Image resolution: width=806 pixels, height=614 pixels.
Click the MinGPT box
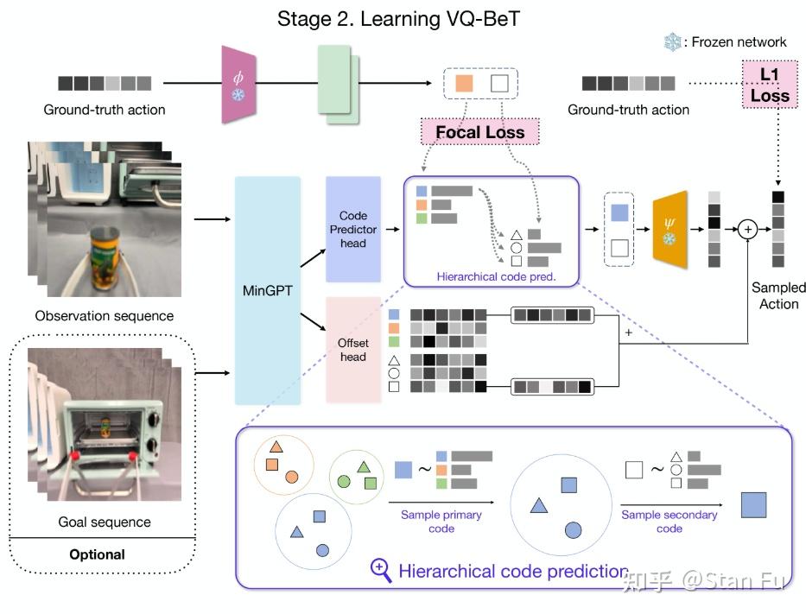(267, 290)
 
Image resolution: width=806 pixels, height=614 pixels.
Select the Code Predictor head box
(352, 229)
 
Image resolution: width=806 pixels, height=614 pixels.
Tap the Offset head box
(352, 350)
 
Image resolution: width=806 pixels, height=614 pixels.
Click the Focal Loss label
(479, 132)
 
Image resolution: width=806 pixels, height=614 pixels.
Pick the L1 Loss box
(769, 85)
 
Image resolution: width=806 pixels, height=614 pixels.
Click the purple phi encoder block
(238, 84)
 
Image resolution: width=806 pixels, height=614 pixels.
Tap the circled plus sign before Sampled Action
(747, 229)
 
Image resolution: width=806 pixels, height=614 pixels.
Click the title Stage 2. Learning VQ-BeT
(398, 18)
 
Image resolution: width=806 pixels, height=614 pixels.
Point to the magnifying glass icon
(381, 569)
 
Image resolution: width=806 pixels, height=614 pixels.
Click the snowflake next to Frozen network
(672, 41)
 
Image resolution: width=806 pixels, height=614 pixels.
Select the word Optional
(98, 554)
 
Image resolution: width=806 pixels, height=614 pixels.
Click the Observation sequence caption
(104, 316)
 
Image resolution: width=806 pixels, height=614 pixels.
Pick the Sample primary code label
(441, 522)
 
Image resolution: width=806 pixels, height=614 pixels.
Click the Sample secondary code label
(669, 522)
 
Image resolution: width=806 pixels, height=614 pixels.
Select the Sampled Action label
(777, 295)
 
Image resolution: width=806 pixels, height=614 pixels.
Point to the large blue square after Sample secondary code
(754, 505)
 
